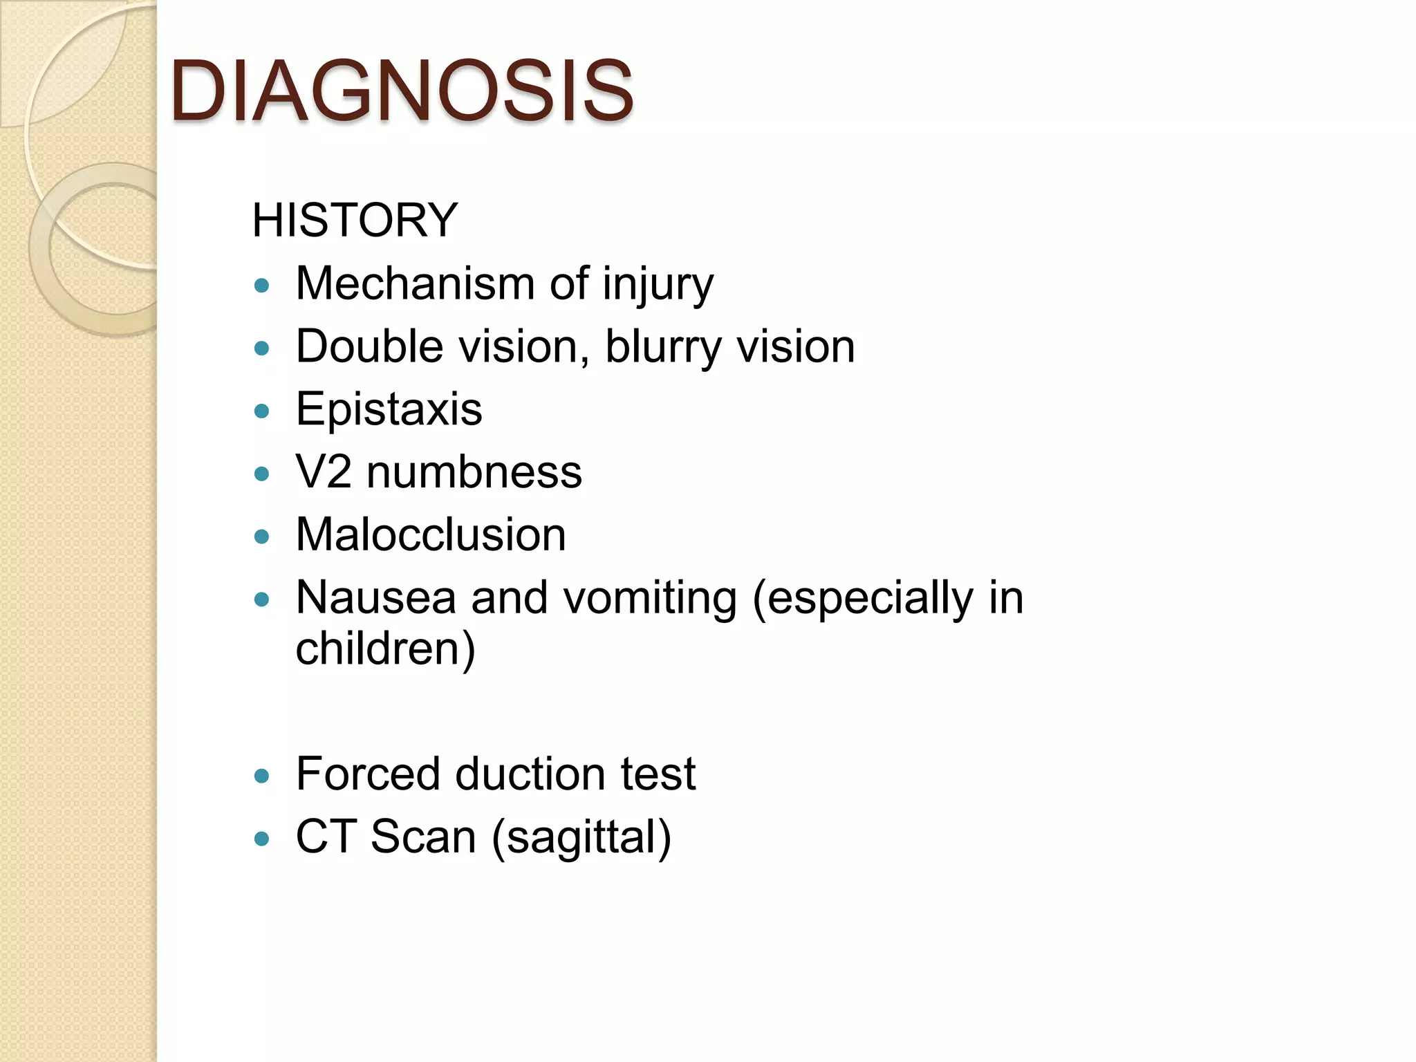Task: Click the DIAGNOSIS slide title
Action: (x=401, y=91)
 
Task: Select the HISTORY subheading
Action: (x=355, y=220)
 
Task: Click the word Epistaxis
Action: (x=389, y=409)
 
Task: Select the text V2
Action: (x=324, y=472)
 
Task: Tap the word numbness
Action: (x=474, y=472)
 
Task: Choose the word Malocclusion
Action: (x=430, y=535)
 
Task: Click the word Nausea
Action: (x=375, y=598)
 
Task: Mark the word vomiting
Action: (x=650, y=599)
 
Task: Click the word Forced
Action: (x=368, y=774)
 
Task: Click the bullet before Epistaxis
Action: (x=261, y=411)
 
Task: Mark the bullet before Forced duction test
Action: (x=261, y=776)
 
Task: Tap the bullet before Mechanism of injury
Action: (x=261, y=286)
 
